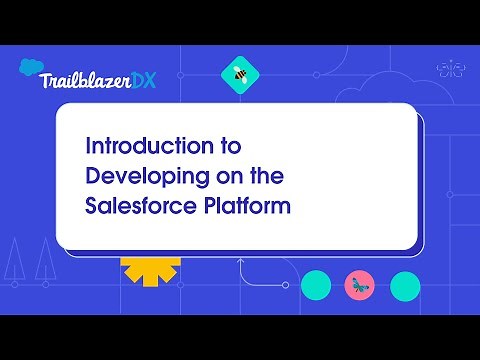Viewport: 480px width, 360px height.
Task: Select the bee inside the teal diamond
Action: point(239,73)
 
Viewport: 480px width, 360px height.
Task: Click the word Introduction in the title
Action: point(146,146)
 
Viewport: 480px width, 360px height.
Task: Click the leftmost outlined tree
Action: point(14,263)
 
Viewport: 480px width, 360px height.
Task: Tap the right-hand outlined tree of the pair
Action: point(43,263)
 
